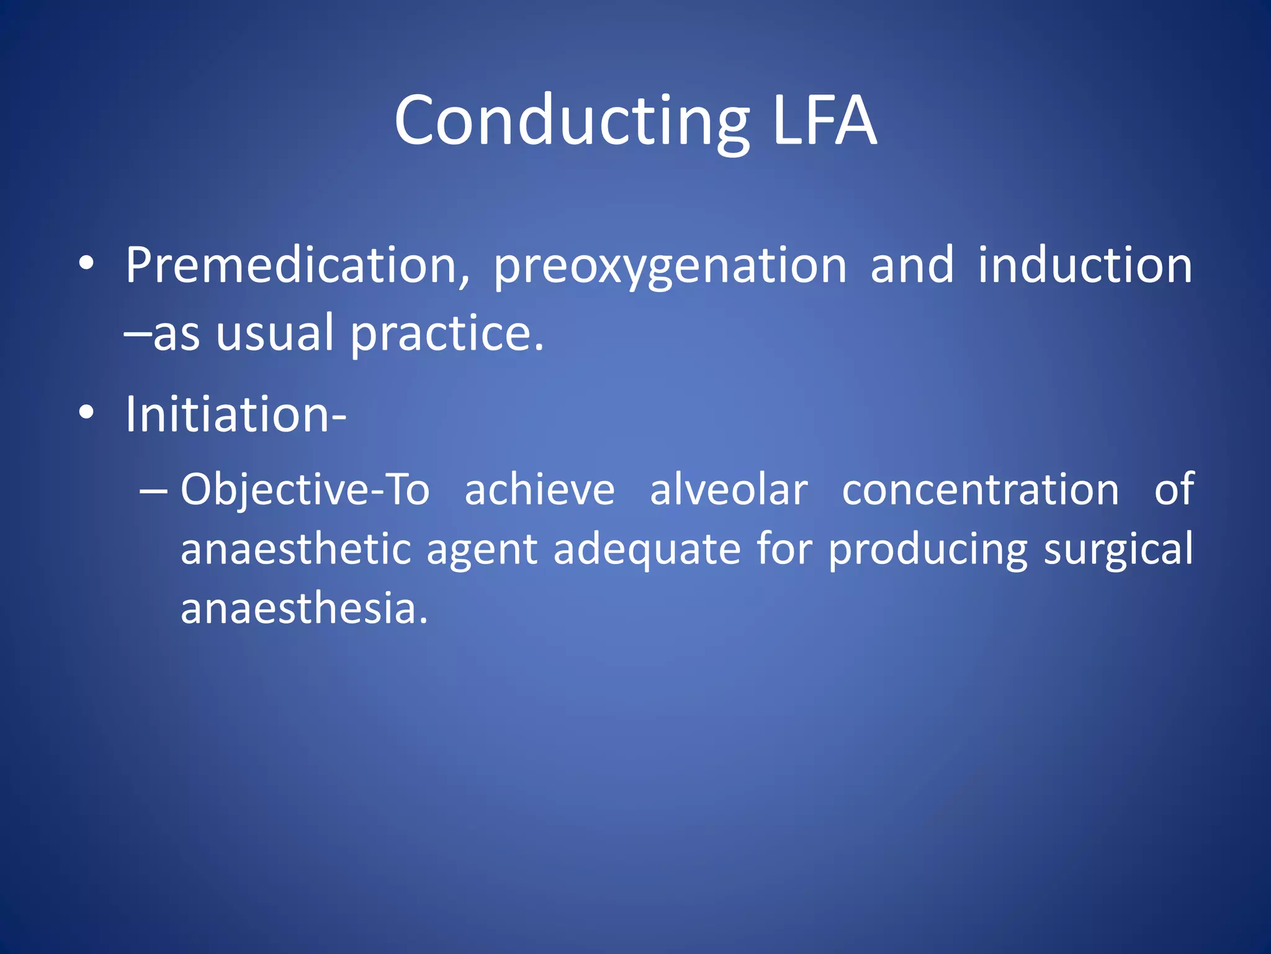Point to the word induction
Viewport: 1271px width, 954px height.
pos(1085,266)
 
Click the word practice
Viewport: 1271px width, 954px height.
pos(447,334)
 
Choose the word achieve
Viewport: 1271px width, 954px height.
pos(539,490)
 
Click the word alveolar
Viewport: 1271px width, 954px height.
pos(729,490)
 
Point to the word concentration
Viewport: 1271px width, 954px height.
pos(981,490)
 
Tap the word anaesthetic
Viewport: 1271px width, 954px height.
pos(296,550)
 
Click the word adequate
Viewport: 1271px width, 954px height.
pos(647,550)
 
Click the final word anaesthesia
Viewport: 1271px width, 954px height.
pos(304,608)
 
